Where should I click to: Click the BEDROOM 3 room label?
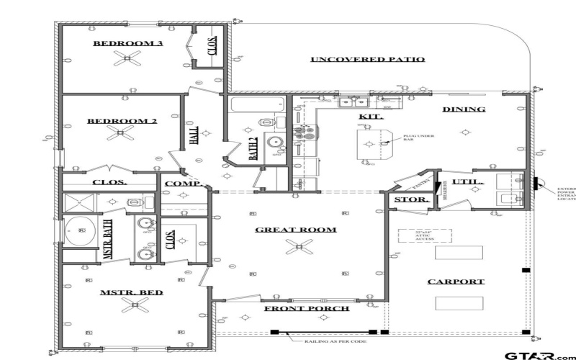[x=128, y=43]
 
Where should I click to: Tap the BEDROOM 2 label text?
[x=122, y=121]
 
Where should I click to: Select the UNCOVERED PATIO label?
[x=367, y=59]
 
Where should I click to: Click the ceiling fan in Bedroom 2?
[x=119, y=133]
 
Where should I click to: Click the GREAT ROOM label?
[x=296, y=230]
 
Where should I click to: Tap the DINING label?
[x=464, y=109]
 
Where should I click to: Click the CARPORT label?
[x=456, y=282]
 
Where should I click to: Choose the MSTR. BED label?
[x=131, y=292]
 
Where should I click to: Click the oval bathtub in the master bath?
[x=81, y=231]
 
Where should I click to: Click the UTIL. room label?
[x=469, y=181]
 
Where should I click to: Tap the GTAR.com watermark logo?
[x=538, y=355]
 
